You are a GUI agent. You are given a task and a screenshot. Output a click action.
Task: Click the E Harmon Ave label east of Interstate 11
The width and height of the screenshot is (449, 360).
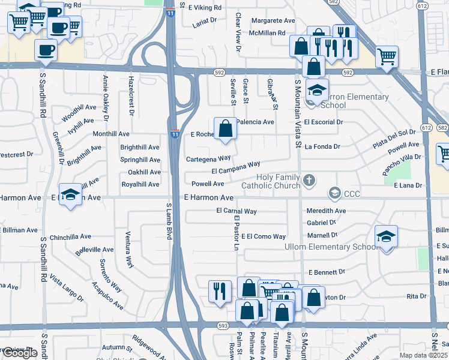[208, 197]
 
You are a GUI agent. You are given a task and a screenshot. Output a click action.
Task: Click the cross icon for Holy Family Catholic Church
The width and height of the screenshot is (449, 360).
[309, 180]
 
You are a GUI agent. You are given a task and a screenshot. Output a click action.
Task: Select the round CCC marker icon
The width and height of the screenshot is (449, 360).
[333, 193]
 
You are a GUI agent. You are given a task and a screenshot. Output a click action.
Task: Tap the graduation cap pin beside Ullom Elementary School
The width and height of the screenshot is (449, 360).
[387, 236]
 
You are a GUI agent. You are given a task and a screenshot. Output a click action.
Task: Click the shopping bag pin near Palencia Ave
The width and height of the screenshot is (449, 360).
[225, 128]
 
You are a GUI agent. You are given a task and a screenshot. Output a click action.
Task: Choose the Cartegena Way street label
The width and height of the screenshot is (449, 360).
[208, 158]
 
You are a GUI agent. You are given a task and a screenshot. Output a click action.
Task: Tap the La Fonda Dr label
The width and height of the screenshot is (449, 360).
[322, 146]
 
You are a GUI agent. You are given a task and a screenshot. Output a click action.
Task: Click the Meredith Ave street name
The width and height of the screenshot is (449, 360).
[326, 211]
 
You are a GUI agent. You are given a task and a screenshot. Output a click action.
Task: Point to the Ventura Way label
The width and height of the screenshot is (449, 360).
[128, 249]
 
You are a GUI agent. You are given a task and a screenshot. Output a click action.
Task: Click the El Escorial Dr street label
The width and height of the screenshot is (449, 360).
[323, 122]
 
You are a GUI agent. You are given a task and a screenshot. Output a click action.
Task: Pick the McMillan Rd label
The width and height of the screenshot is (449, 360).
[268, 33]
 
